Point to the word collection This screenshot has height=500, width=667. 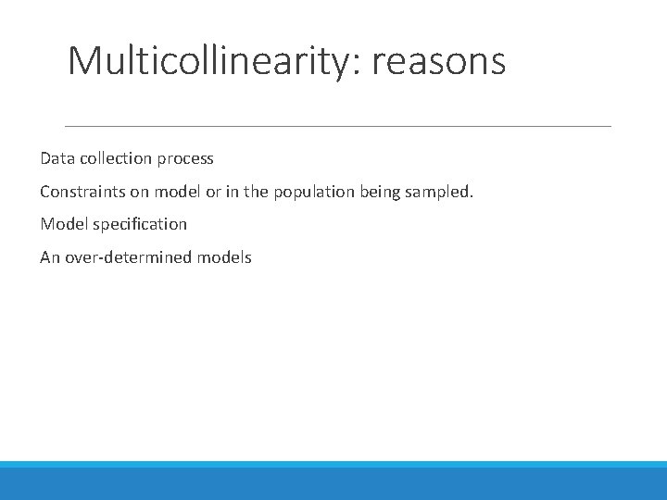[x=114, y=158]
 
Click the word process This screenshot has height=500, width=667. [x=185, y=159]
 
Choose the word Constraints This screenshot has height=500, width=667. [x=82, y=192]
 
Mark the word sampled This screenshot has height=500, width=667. [x=441, y=192]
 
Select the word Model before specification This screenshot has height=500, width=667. [x=62, y=224]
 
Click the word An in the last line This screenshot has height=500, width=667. [x=49, y=257]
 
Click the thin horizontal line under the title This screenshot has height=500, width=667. [x=337, y=126]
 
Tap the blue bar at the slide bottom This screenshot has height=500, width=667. [x=333, y=481]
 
